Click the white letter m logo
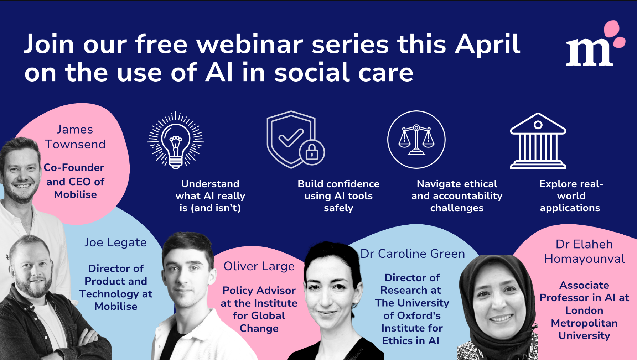click(x=590, y=52)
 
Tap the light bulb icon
click(x=176, y=140)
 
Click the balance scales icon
click(x=416, y=140)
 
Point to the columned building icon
click(x=538, y=141)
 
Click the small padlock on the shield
click(x=312, y=152)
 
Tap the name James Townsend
click(x=75, y=137)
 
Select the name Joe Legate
click(x=115, y=242)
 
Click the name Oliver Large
click(x=259, y=266)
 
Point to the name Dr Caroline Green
click(x=413, y=254)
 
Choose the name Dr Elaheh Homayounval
click(x=584, y=251)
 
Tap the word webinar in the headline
click(x=249, y=44)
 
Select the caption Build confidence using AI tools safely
click(x=338, y=196)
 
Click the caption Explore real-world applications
click(x=571, y=196)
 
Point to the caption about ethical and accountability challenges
click(x=457, y=196)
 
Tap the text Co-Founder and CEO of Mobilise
click(x=75, y=181)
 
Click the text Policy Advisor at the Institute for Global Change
click(x=259, y=309)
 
